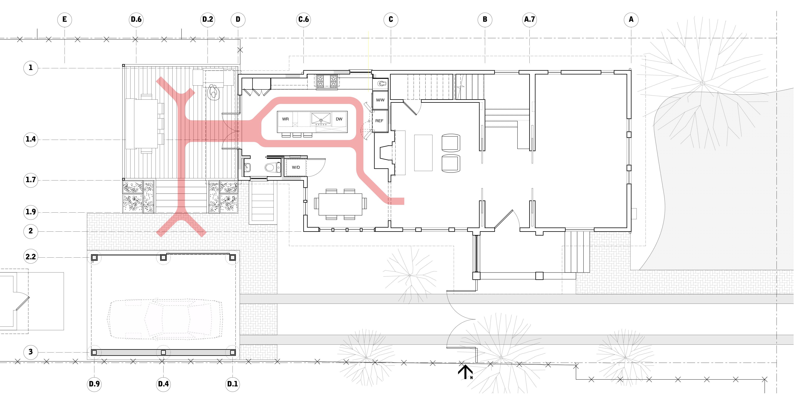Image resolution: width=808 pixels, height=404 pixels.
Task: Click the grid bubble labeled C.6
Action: click(303, 19)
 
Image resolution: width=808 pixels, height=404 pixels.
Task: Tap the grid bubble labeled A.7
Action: click(529, 19)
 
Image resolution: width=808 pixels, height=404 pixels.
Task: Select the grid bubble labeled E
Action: click(65, 19)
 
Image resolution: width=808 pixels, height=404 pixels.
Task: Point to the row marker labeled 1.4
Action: click(31, 139)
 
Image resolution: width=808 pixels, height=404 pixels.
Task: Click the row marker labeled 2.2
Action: click(31, 257)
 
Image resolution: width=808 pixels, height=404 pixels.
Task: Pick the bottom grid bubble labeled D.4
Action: click(163, 384)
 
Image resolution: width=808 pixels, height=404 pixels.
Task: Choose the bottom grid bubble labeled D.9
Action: click(94, 384)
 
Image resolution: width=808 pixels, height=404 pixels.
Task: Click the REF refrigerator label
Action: click(379, 121)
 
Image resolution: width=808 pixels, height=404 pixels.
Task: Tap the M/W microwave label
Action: click(380, 100)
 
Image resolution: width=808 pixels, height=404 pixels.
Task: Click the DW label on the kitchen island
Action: click(339, 119)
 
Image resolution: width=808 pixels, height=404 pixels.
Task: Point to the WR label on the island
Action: click(285, 119)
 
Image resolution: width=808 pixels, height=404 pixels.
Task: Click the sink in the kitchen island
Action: click(321, 119)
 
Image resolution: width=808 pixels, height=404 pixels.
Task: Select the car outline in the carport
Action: click(165, 319)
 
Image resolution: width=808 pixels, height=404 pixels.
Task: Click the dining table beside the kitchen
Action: click(340, 204)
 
